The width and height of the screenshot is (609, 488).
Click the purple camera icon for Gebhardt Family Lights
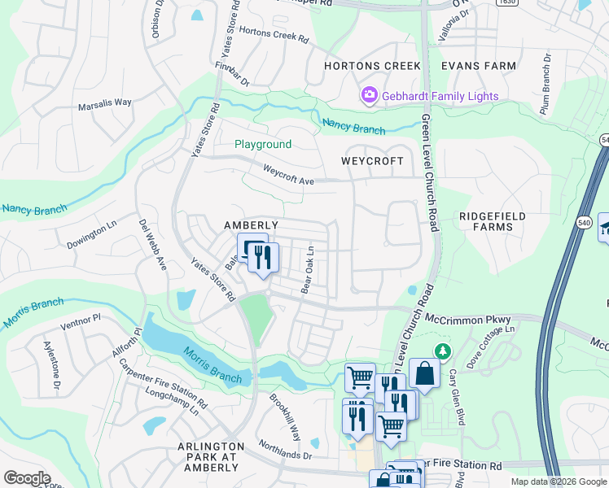click(370, 96)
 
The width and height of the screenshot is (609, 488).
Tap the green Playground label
click(263, 145)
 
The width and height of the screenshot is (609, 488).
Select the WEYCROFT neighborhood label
click(372, 161)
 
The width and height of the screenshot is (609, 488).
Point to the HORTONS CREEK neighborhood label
click(372, 66)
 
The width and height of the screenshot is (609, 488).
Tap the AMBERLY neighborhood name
click(252, 225)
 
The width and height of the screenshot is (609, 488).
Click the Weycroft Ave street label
click(288, 174)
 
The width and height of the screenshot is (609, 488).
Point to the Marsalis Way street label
click(104, 103)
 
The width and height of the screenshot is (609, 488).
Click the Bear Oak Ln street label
click(309, 270)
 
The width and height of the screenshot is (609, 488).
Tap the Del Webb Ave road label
click(151, 245)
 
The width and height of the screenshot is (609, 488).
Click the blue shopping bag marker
click(424, 374)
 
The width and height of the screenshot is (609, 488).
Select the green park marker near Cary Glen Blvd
click(442, 351)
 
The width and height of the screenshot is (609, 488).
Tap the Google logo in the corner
click(27, 477)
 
